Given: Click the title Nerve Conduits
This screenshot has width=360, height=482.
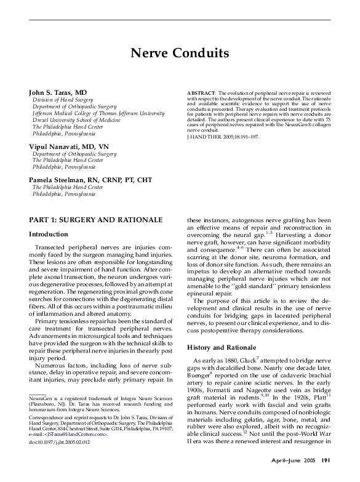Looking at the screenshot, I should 180,53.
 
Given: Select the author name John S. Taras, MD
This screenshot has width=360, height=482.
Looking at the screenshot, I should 59,92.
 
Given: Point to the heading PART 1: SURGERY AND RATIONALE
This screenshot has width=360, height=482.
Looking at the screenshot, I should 95,220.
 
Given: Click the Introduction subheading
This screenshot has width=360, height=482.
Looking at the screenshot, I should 49,235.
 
